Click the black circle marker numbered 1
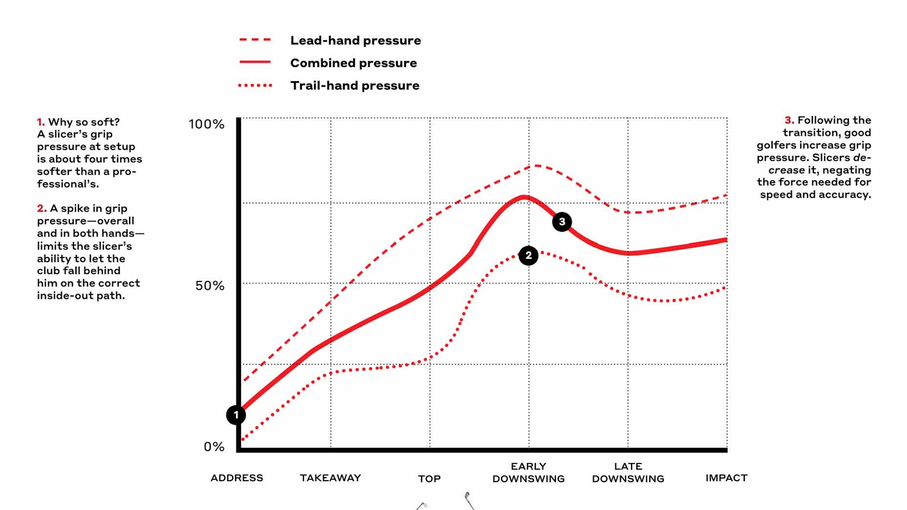tap(236, 415)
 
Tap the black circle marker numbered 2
tap(528, 255)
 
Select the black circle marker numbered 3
tap(562, 222)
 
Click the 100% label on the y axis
tap(206, 124)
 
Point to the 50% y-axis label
tap(210, 286)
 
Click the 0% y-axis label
tap(214, 446)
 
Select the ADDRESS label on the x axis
tap(237, 478)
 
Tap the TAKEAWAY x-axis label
tap(330, 478)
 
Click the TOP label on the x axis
tap(429, 479)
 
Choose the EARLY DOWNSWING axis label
tap(528, 472)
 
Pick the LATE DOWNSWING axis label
tap(628, 472)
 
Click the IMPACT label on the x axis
tap(726, 478)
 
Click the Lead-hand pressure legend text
tap(355, 41)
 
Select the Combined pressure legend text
tap(353, 63)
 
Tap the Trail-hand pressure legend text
tap(355, 85)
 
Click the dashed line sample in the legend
tap(255, 40)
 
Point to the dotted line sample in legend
tap(255, 85)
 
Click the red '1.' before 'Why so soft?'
tap(41, 122)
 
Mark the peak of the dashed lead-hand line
tap(536, 166)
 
